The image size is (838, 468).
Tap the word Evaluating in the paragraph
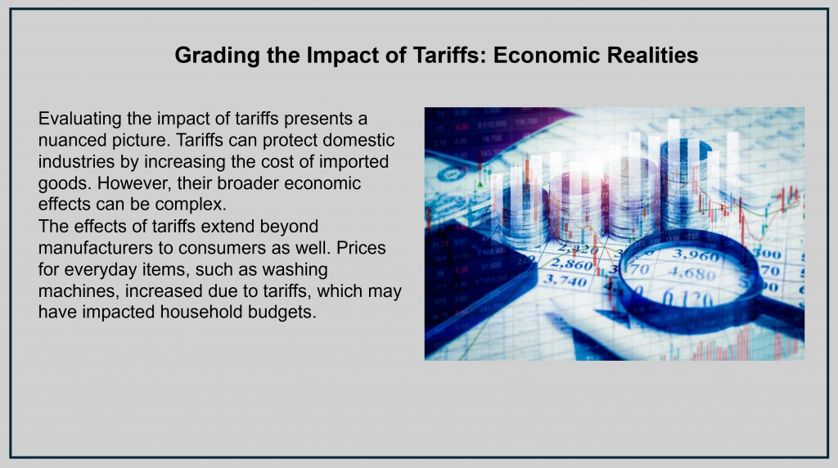point(79,119)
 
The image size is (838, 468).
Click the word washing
point(295,270)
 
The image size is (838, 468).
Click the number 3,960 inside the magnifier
point(696,255)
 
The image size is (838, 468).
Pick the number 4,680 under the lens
point(692,274)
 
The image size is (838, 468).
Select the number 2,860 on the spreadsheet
point(570,264)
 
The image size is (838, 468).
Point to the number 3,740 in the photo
point(565,281)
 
